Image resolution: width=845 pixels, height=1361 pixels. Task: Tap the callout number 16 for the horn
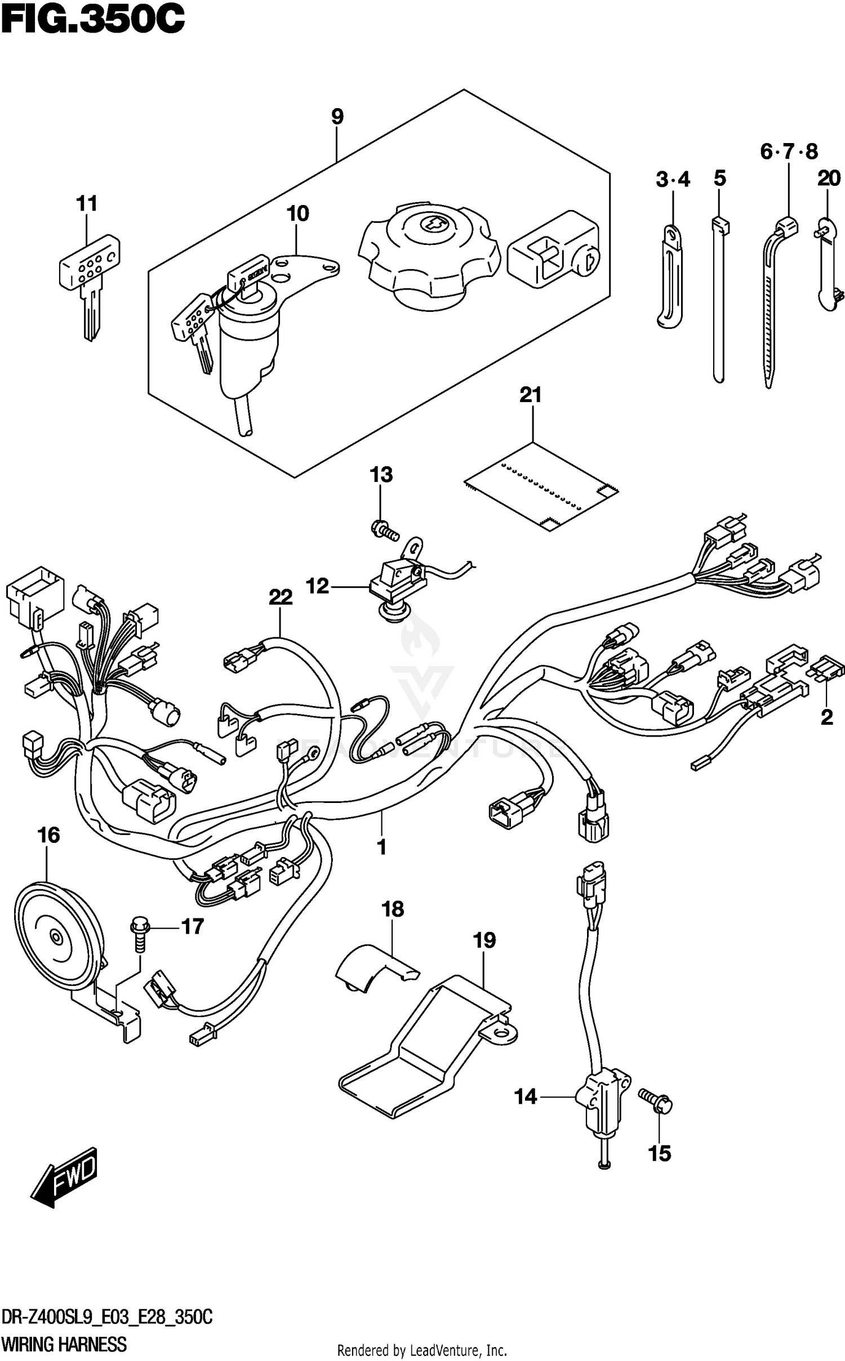click(x=48, y=835)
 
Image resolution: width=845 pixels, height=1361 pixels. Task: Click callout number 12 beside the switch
click(x=317, y=586)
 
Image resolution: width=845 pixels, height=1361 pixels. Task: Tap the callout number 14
click(x=526, y=1096)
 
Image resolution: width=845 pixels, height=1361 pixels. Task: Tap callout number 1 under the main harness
click(x=381, y=862)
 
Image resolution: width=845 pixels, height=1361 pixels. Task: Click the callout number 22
click(x=281, y=597)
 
